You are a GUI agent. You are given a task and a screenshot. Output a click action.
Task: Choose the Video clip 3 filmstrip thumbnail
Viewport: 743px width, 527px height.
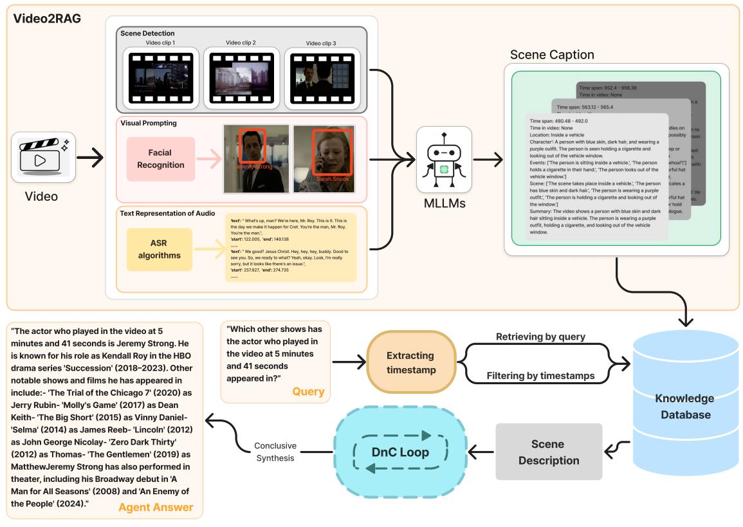pyautogui.click(x=322, y=79)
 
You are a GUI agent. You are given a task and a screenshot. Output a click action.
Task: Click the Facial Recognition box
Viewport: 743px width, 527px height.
pyautogui.click(x=161, y=159)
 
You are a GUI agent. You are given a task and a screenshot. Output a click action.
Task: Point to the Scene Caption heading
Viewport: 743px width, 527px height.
pyautogui.click(x=552, y=55)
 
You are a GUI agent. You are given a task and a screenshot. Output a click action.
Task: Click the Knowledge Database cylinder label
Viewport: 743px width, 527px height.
pyautogui.click(x=684, y=407)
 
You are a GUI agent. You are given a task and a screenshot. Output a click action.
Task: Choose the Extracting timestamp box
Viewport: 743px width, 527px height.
pyautogui.click(x=410, y=362)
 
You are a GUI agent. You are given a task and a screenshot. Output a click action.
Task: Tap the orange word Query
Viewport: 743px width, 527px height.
pyautogui.click(x=308, y=391)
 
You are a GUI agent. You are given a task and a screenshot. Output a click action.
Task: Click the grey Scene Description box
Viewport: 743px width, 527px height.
pyautogui.click(x=548, y=452)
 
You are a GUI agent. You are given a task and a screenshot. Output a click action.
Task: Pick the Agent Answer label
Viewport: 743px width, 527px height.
pyautogui.click(x=156, y=507)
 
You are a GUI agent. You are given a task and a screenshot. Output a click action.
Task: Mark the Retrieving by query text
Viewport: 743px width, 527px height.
pyautogui.click(x=540, y=337)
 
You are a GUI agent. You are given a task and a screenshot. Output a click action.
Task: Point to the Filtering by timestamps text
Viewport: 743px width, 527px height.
pyautogui.click(x=540, y=376)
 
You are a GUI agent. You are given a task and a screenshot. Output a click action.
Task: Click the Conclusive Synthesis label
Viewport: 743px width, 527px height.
pyautogui.click(x=275, y=452)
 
